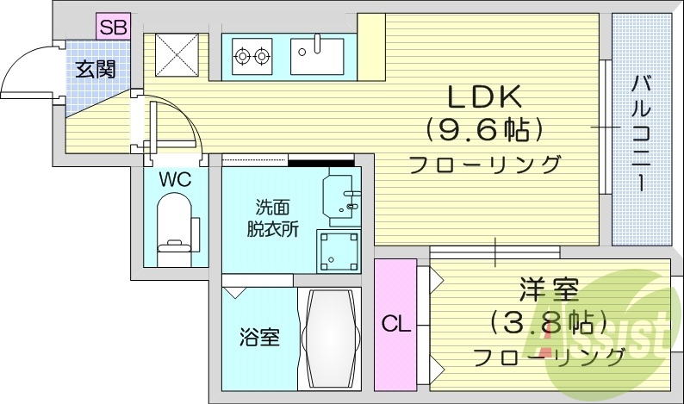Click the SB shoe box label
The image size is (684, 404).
[x=113, y=27]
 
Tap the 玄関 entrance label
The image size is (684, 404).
[x=95, y=69]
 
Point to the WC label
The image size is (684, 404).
[x=174, y=181]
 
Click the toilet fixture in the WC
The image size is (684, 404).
[x=174, y=226]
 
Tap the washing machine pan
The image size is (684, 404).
[x=339, y=250]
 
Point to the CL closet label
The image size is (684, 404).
[x=395, y=325]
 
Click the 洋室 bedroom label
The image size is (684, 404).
[x=549, y=289]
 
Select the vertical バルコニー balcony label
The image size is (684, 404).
[x=641, y=134]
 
